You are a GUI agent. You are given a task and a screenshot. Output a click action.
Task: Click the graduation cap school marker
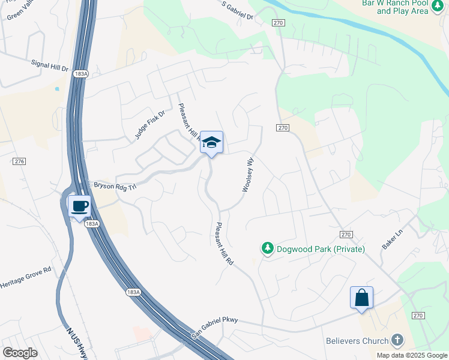click(x=211, y=143)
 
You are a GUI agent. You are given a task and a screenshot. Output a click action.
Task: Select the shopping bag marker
click(x=362, y=298)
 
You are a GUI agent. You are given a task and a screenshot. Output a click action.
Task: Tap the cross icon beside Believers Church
click(x=396, y=341)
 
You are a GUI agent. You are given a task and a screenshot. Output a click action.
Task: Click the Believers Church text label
click(x=357, y=341)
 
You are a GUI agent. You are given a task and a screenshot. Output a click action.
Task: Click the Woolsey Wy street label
click(x=247, y=175)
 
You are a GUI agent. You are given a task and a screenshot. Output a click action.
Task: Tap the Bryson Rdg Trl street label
click(x=115, y=185)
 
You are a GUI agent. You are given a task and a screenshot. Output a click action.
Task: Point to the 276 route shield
click(x=19, y=161)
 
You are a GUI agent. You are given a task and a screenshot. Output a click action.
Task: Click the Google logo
click(x=20, y=352)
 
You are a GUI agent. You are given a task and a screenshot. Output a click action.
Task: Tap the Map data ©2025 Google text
click(x=411, y=355)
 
